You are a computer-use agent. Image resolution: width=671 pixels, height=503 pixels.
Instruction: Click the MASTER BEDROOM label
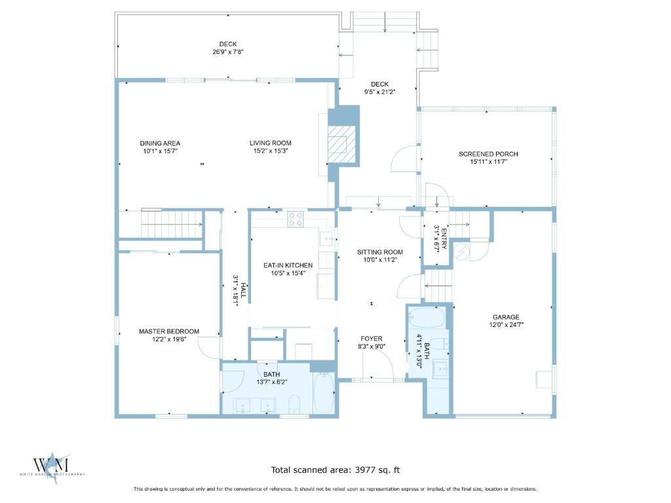click(x=169, y=331)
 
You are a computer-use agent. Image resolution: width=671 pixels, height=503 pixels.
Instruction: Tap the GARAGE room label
click(x=506, y=317)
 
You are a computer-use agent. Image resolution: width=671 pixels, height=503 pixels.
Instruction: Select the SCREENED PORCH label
click(x=488, y=154)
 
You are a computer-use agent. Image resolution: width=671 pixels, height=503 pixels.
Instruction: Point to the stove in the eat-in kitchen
click(x=296, y=219)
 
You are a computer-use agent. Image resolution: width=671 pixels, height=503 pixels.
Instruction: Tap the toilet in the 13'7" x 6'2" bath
click(x=294, y=404)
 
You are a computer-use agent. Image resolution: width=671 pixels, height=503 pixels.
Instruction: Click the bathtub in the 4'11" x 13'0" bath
click(x=427, y=318)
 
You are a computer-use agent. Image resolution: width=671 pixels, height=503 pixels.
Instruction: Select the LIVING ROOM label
click(x=271, y=143)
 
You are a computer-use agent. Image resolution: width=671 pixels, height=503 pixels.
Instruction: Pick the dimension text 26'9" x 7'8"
click(x=228, y=52)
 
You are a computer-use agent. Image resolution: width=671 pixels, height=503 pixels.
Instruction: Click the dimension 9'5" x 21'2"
click(x=379, y=92)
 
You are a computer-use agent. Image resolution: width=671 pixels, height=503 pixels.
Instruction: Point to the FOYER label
click(x=372, y=339)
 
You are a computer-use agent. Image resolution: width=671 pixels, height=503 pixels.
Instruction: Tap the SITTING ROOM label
click(x=380, y=252)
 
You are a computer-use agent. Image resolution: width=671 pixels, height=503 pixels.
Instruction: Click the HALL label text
click(x=243, y=290)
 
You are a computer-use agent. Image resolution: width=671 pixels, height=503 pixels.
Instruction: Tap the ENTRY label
click(x=444, y=239)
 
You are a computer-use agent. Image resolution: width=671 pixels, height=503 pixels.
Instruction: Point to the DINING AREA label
click(x=160, y=143)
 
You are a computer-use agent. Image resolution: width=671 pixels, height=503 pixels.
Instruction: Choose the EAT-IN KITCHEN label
click(x=288, y=265)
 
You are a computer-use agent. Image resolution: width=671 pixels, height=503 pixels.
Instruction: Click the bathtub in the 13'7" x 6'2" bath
click(x=324, y=393)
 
